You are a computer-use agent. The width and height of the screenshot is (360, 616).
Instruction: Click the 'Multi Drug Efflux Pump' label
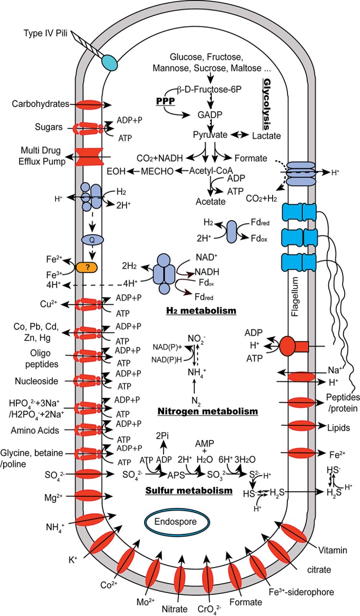(43, 155)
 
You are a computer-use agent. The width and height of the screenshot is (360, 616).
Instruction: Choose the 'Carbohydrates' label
(43, 104)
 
